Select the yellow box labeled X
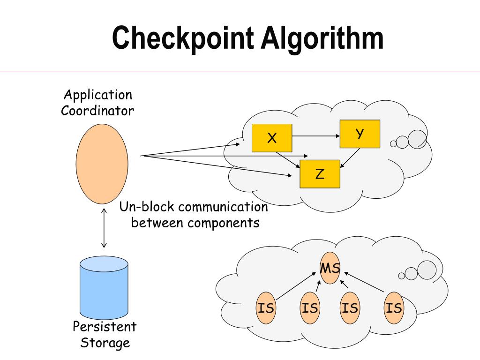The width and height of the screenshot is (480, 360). (272, 138)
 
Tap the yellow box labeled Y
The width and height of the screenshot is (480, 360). (360, 134)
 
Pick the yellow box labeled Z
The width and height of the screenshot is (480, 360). (320, 174)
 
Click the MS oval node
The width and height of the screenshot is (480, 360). (330, 269)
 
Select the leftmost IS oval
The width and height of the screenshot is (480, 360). (266, 308)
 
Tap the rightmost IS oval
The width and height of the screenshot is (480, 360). (394, 308)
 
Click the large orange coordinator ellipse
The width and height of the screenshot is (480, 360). (102, 164)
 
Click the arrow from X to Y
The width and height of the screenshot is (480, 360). (316, 136)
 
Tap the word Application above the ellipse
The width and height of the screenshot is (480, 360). (98, 95)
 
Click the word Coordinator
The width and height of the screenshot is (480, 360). (97, 111)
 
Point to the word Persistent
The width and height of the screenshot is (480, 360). (104, 326)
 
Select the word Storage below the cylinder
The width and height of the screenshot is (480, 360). (105, 343)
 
